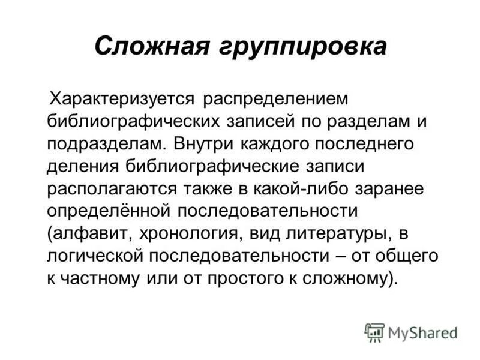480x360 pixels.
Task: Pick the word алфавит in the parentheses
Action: tap(88, 233)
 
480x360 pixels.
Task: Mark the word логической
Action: tap(95, 255)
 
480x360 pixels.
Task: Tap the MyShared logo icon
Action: tap(374, 332)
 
